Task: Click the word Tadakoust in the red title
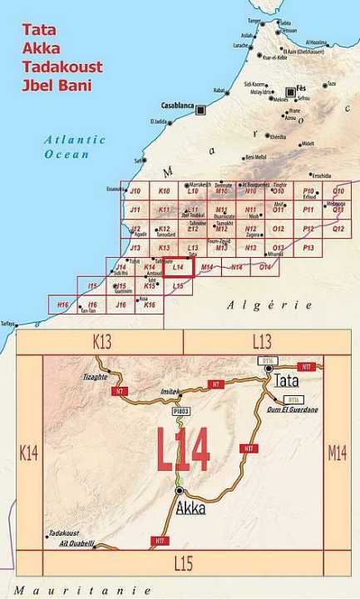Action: click(x=62, y=67)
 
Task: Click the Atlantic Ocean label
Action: click(x=75, y=146)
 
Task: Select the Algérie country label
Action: click(x=269, y=306)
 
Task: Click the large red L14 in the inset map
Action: click(x=184, y=448)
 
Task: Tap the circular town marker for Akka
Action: click(x=180, y=492)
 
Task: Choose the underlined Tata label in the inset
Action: click(x=286, y=380)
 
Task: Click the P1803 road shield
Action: click(x=182, y=411)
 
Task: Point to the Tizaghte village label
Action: click(x=95, y=376)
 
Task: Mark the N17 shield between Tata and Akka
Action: click(x=249, y=448)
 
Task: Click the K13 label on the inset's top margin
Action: click(x=101, y=341)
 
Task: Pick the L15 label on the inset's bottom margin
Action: click(x=183, y=563)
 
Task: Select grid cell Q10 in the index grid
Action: click(x=338, y=191)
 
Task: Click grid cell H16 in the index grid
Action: click(x=62, y=305)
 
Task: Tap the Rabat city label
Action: click(x=219, y=91)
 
